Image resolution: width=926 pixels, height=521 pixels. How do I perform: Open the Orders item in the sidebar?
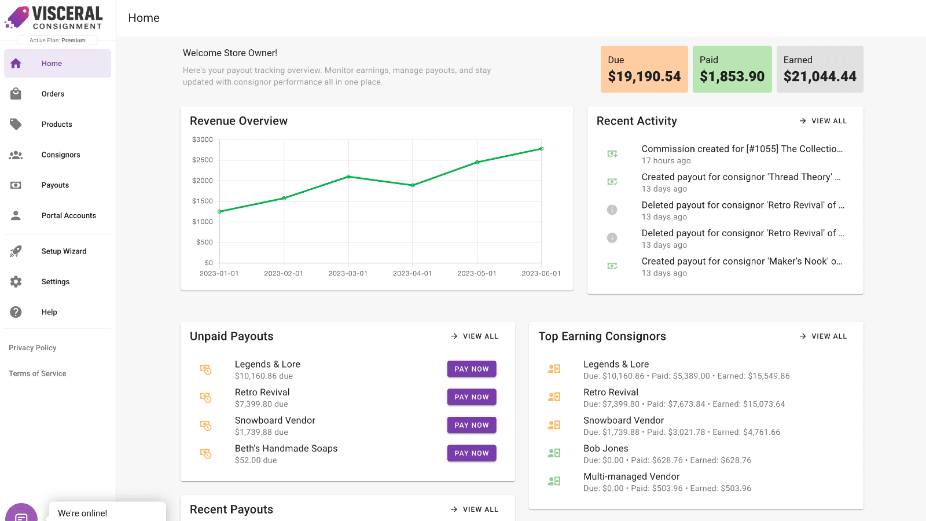(53, 94)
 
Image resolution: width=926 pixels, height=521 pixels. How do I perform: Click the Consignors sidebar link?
(60, 155)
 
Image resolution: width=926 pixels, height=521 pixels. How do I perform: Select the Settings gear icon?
(16, 281)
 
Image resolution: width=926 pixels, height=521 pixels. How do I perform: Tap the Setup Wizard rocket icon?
(16, 251)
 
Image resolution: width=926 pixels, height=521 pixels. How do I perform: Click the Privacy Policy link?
(32, 348)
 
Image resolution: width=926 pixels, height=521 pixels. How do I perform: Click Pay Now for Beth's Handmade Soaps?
(472, 453)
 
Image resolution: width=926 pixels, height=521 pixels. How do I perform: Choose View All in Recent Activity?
(823, 121)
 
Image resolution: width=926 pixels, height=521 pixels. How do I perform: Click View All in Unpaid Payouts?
(475, 336)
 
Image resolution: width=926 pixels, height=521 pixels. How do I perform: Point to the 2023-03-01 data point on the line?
(348, 177)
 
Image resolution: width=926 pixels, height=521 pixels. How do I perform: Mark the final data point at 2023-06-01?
(542, 149)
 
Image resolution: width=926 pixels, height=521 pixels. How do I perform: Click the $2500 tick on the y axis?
(202, 160)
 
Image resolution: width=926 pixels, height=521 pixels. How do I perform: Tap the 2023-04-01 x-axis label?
(412, 273)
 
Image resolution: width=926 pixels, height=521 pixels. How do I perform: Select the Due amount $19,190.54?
(644, 76)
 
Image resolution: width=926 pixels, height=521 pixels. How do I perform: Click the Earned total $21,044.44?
(820, 76)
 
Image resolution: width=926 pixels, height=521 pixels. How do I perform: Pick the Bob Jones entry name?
(605, 449)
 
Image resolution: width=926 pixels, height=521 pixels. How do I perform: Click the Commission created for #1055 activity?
(741, 149)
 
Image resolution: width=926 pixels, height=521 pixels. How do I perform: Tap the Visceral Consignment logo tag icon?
(17, 17)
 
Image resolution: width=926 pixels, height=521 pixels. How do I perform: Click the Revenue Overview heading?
(238, 121)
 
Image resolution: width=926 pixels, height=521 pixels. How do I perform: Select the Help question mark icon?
(16, 312)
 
